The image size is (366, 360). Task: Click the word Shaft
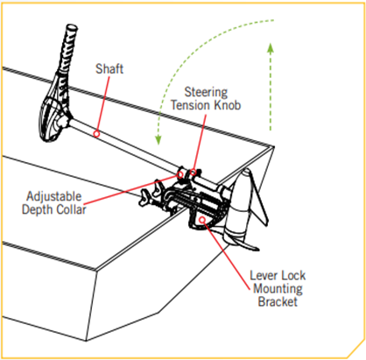coord(109,69)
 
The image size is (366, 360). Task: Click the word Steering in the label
coord(206,92)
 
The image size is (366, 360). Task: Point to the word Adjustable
coord(54,197)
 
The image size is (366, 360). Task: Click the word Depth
coord(38,209)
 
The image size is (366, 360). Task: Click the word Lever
coord(263,275)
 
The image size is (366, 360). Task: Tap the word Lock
coord(292,275)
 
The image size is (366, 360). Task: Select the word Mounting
coord(278,289)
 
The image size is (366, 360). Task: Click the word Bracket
coord(278,301)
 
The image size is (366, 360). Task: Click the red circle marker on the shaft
coord(96,134)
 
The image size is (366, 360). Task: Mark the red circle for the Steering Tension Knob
coord(194,172)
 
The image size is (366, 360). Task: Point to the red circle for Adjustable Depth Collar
coord(180,174)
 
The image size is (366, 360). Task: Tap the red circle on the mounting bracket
coord(202,220)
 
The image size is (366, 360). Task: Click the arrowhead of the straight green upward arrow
coord(271,48)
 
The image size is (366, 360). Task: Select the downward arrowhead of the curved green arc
coord(158,139)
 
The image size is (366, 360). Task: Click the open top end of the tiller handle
coord(72,28)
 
